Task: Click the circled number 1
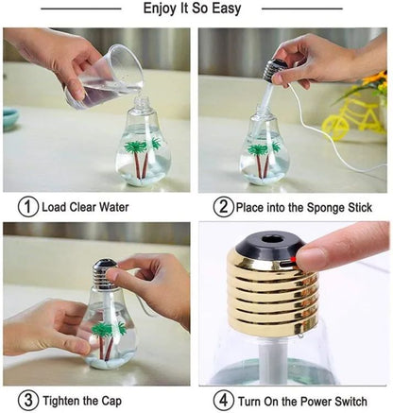[x=27, y=207]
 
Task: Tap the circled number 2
[x=223, y=207]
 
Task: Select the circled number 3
[x=27, y=401]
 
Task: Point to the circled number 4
[x=223, y=401]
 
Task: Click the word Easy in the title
[x=226, y=9]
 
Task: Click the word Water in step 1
[x=114, y=207]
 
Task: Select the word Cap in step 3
[x=111, y=402]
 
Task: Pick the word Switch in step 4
[x=350, y=402]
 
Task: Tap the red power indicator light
[x=293, y=259]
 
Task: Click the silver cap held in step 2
[x=274, y=69]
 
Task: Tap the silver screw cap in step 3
[x=104, y=273]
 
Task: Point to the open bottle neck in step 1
[x=143, y=103]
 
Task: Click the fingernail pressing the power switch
[x=310, y=259]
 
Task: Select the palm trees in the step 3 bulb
[x=108, y=339]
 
